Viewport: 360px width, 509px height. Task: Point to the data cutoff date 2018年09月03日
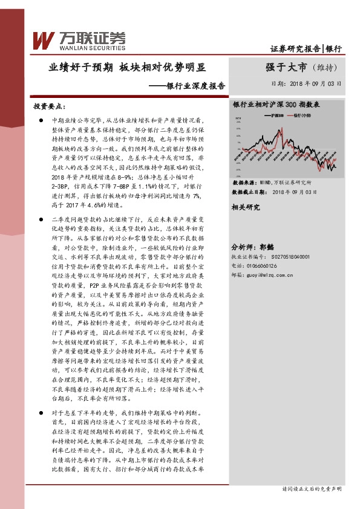point(295,191)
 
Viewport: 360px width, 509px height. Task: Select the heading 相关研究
point(246,207)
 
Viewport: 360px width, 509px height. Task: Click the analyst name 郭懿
point(268,231)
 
